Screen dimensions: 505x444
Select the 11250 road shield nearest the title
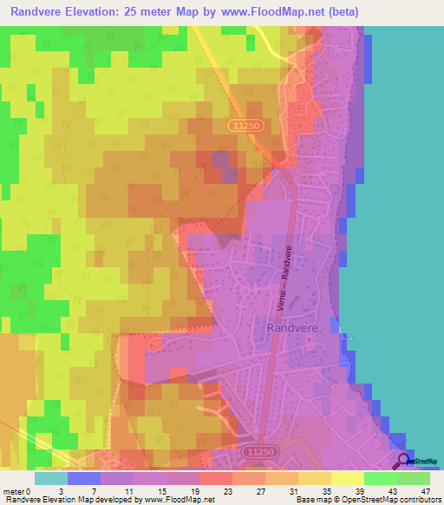click(246, 126)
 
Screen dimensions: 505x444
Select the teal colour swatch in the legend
click(50, 477)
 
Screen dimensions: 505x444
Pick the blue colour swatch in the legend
click(83, 477)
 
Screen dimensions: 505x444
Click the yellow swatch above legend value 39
click(346, 477)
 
